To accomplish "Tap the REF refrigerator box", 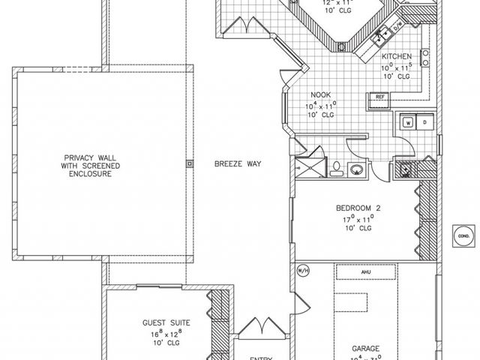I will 379,96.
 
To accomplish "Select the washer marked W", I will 409,121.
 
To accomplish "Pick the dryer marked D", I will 424,121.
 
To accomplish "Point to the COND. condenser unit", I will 462,236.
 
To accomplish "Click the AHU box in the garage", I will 366,272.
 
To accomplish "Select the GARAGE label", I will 364,349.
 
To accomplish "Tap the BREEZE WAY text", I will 238,162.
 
